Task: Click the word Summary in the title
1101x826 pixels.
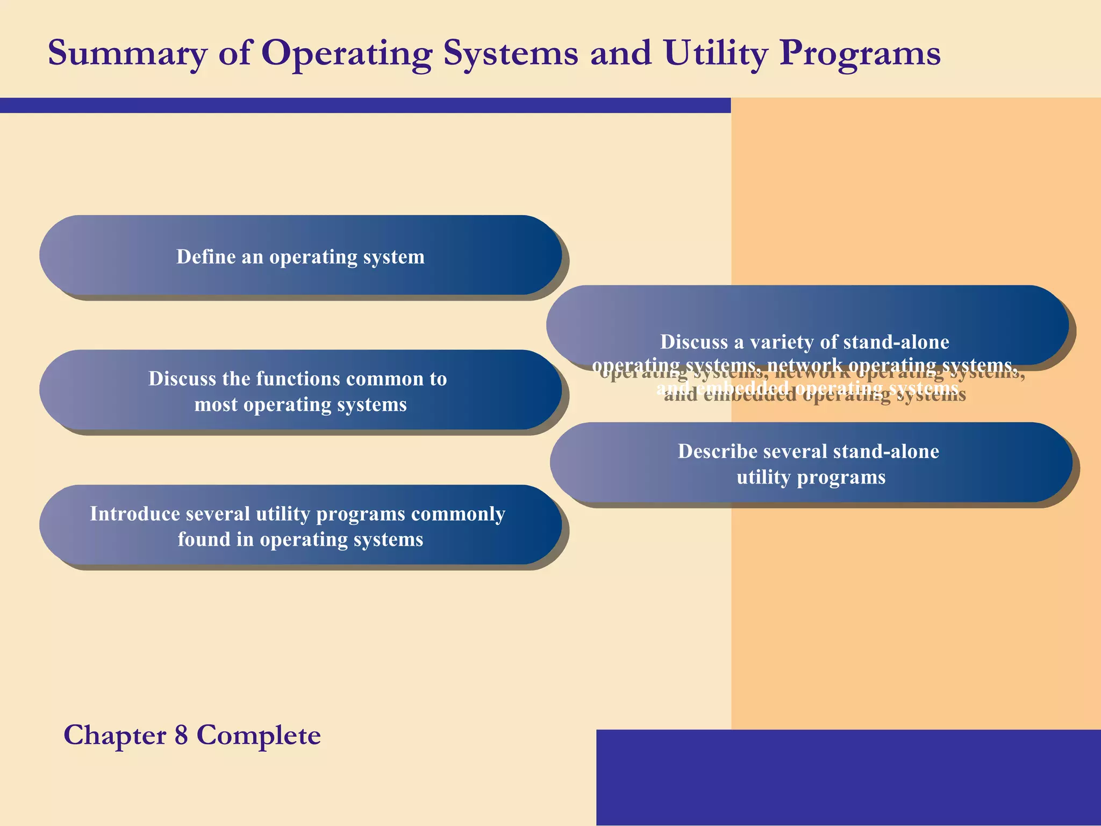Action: coord(127,54)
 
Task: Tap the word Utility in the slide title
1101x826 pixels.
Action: coord(715,54)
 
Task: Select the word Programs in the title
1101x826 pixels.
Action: coord(860,54)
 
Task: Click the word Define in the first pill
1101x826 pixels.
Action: coord(206,257)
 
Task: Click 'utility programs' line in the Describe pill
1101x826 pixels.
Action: coord(811,477)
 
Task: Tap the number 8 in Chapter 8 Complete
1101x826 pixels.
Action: coord(181,735)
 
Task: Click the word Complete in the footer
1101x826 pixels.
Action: coord(259,735)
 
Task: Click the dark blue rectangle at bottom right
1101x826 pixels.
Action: coord(848,777)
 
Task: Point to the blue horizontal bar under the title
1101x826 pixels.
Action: coord(366,105)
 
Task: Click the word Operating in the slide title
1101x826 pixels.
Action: coord(347,54)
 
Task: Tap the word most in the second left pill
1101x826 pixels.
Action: coord(216,404)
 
